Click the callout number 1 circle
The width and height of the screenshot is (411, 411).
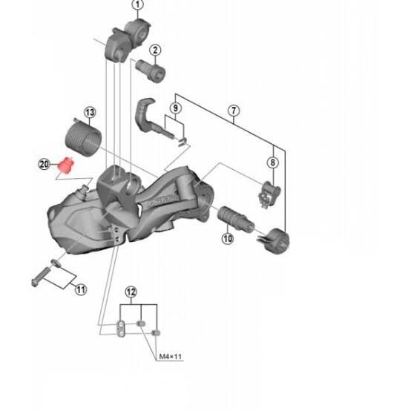click(137, 5)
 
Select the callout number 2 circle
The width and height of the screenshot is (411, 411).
click(156, 51)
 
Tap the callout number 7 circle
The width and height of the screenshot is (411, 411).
click(234, 112)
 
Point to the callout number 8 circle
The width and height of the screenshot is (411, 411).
click(273, 163)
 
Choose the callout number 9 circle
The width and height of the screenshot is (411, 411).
click(175, 108)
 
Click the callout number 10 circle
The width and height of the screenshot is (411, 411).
click(227, 238)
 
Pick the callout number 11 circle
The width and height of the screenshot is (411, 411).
click(80, 290)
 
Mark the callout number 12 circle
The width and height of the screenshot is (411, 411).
click(131, 292)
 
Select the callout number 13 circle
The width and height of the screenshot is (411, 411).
click(90, 113)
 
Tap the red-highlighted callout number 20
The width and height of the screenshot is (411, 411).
click(44, 163)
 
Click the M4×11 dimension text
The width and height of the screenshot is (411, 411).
click(170, 357)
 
